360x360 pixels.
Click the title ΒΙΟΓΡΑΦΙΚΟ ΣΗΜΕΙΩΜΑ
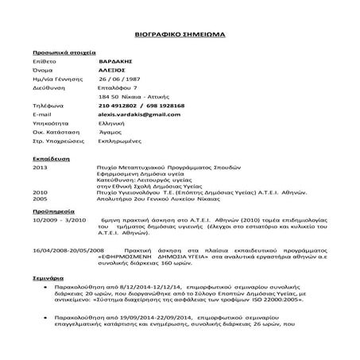click(180, 37)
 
